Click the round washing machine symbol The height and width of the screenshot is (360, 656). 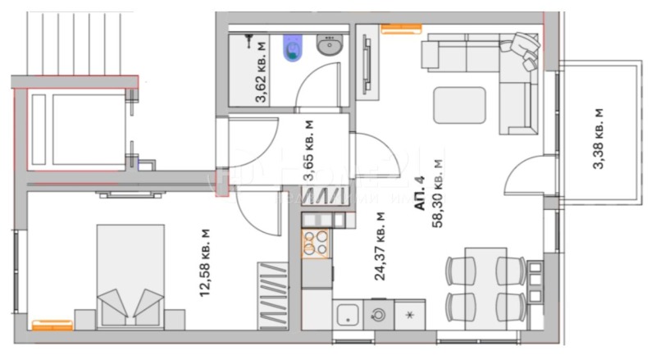379,314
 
